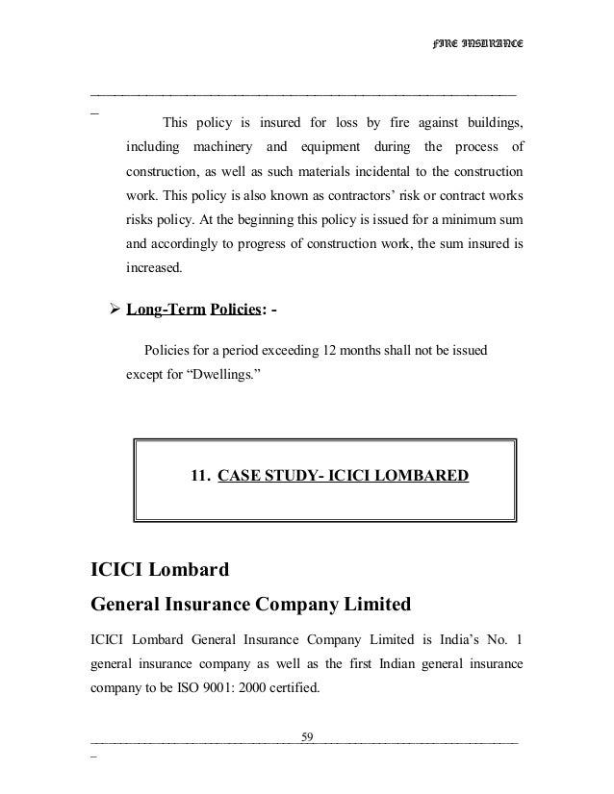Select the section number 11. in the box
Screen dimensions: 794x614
(202, 475)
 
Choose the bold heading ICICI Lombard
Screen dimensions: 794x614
(160, 571)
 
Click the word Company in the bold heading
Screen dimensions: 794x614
(301, 607)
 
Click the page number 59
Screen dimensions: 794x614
(308, 737)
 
